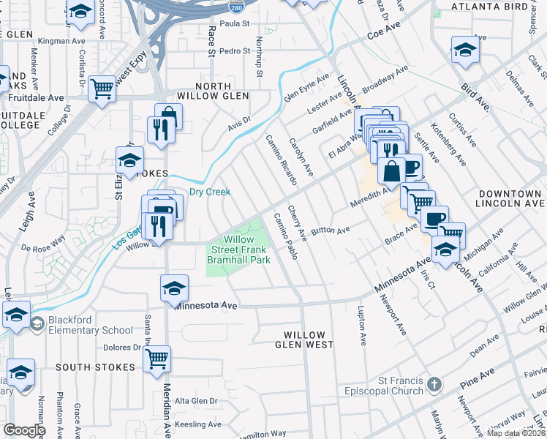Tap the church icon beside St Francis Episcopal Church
tap(434, 384)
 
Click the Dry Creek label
tap(210, 192)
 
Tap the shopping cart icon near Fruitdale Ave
tap(102, 89)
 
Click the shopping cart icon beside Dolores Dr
tap(156, 359)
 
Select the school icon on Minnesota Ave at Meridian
tap(174, 288)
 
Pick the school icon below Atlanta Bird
tap(465, 50)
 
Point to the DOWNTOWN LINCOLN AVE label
tap(510, 198)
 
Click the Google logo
tap(24, 430)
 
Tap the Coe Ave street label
tap(385, 34)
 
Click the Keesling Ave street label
tap(196, 424)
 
